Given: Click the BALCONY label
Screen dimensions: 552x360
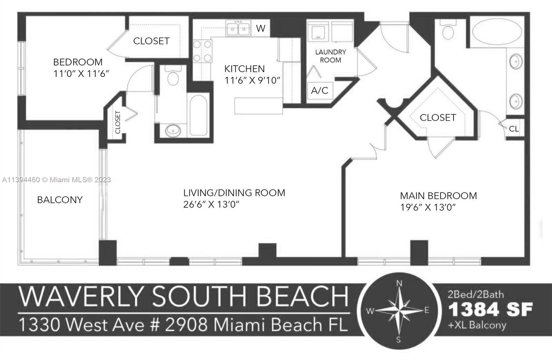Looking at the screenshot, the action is (60, 200).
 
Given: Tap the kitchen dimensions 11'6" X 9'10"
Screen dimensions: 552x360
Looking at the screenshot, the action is (252, 80).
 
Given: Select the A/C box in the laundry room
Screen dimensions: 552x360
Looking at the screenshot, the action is (320, 90).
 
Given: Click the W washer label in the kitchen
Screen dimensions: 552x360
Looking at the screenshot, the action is (260, 28).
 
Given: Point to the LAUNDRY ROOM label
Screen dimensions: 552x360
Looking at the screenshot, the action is (331, 56).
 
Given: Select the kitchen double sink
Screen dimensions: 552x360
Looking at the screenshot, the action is (238, 28).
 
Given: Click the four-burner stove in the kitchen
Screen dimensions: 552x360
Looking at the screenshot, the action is (202, 51).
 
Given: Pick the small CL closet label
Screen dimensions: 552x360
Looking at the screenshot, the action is (514, 129).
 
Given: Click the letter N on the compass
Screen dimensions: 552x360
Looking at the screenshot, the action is (399, 283).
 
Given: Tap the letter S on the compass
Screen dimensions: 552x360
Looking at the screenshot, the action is (398, 340).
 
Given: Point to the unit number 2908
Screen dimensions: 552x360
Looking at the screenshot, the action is (186, 324).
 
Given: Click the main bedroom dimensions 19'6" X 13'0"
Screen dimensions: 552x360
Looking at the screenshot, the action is (428, 207).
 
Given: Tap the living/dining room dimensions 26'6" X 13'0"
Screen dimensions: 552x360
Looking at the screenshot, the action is (211, 204).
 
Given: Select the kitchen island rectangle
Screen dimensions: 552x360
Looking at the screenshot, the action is (258, 106).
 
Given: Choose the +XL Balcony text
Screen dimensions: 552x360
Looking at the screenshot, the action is (477, 325).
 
